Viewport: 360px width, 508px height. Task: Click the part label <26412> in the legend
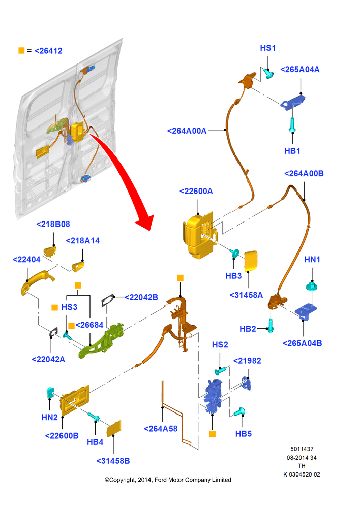[x=48, y=51]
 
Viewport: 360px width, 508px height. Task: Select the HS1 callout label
[x=268, y=48]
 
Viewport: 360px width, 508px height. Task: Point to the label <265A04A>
[x=299, y=69]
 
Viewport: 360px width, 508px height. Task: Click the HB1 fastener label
[x=292, y=151]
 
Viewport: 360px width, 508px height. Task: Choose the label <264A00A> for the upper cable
[x=187, y=131]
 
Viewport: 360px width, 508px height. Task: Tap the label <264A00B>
[x=304, y=174]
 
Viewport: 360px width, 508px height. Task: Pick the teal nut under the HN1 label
[x=312, y=287]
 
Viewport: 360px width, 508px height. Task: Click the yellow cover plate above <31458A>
[x=251, y=261]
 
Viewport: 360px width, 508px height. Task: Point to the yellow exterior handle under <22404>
[x=36, y=282]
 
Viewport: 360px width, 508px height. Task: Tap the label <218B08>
[x=53, y=224]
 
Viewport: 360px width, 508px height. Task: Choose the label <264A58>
[x=161, y=429]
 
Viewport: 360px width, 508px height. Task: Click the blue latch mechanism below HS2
[x=213, y=396]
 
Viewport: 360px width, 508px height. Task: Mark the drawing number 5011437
[x=302, y=449]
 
